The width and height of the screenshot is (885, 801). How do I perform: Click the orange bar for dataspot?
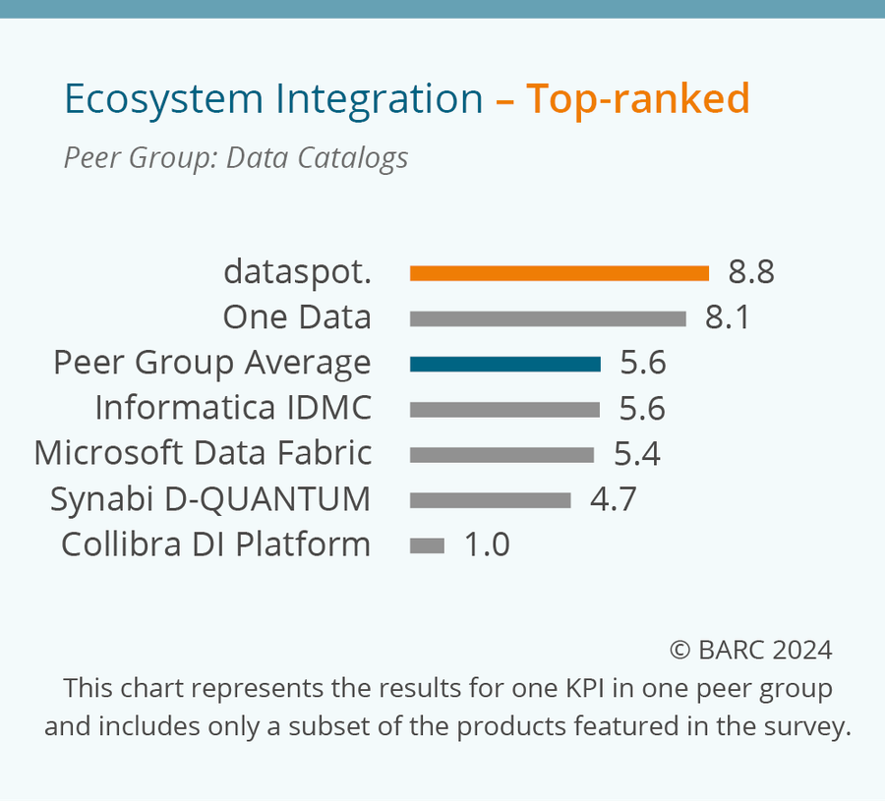[559, 273]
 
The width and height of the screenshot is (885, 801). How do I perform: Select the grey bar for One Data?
[548, 318]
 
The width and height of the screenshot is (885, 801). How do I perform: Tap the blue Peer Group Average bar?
[504, 364]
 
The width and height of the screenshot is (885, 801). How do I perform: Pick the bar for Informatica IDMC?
[504, 409]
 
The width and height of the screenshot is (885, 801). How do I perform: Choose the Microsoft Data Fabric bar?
[501, 454]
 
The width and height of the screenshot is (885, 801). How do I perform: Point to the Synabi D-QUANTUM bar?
[490, 500]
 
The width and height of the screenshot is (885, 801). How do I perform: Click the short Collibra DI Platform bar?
[427, 545]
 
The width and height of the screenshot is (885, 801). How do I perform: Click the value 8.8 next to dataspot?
[751, 272]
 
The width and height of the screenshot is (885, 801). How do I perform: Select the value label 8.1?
[728, 317]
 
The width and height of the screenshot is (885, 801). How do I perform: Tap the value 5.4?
[636, 454]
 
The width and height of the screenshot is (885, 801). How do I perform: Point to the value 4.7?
[613, 499]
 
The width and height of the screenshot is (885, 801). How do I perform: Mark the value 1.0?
[487, 544]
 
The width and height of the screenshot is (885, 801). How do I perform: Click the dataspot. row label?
[297, 271]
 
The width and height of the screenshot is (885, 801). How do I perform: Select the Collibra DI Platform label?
[215, 544]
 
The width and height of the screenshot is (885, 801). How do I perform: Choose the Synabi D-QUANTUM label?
[210, 499]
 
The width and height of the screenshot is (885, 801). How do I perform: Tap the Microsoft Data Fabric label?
[203, 453]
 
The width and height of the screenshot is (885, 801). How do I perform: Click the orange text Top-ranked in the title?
[637, 99]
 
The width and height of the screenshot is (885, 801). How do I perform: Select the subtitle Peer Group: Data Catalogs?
[236, 158]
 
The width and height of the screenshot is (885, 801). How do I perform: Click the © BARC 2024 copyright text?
[750, 650]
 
